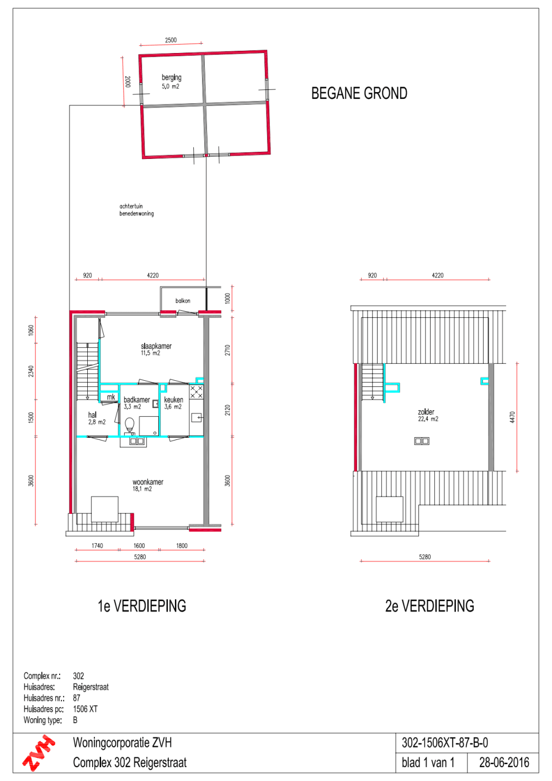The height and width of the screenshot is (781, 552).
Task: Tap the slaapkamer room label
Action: coord(156,346)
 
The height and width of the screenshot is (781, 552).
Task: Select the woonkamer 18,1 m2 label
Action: coord(147,485)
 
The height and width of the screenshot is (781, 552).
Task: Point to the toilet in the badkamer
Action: coord(130,426)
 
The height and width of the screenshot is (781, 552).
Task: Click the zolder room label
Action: coord(426,412)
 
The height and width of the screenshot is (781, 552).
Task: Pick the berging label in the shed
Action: coord(171,77)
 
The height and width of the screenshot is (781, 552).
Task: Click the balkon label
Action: coord(183,301)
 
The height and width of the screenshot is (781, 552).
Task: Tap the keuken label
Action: coord(173,400)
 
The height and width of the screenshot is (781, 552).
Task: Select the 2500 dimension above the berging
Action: coord(171,40)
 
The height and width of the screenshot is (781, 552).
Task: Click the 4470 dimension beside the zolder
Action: coord(512,417)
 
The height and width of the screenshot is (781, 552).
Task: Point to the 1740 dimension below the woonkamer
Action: coord(97,546)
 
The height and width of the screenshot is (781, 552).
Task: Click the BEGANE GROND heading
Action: coord(359,93)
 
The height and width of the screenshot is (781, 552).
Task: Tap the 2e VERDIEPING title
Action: coord(429,606)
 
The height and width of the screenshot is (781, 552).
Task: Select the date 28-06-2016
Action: coord(504,763)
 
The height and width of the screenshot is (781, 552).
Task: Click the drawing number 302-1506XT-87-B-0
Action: coord(444,743)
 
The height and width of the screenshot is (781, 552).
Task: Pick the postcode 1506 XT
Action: coord(85,709)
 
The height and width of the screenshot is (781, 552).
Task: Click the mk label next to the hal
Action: coord(111,397)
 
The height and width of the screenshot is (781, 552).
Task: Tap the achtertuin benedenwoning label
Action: coord(136,210)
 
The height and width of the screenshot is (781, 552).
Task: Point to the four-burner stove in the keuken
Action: coord(197,391)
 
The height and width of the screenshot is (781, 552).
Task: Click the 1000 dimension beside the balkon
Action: coord(227,298)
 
